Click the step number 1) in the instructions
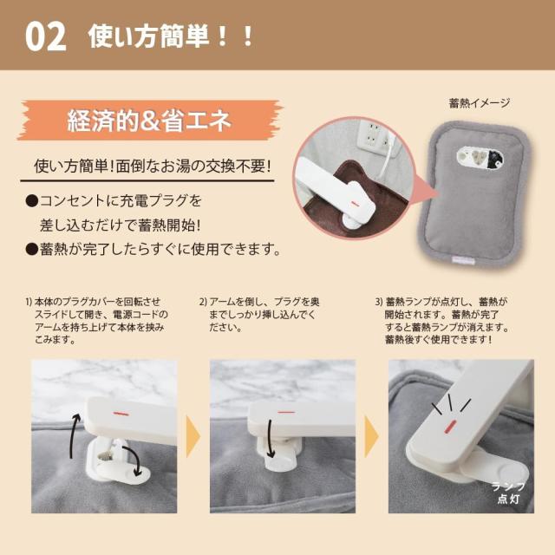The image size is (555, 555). pyautogui.click(x=29, y=302)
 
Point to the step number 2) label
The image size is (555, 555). pyautogui.click(x=204, y=302)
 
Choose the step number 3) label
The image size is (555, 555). pyautogui.click(x=380, y=302)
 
